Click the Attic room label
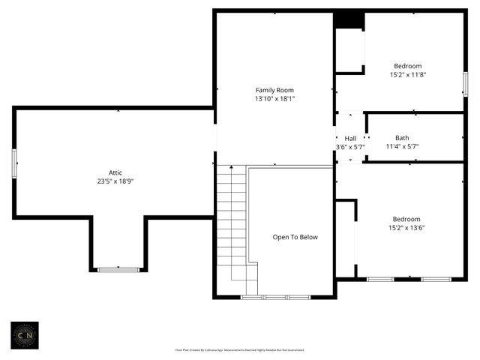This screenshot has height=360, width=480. pyautogui.click(x=115, y=172)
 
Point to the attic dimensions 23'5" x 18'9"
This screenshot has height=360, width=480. pyautogui.click(x=115, y=181)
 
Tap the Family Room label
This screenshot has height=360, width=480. pyautogui.click(x=274, y=90)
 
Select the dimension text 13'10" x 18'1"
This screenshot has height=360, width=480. pyautogui.click(x=274, y=99)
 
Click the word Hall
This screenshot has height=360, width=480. pyautogui.click(x=350, y=139)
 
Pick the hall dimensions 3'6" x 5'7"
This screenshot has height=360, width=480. pyautogui.click(x=350, y=147)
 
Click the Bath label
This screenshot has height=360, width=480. pyautogui.click(x=402, y=138)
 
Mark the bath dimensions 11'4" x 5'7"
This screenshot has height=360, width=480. pyautogui.click(x=402, y=147)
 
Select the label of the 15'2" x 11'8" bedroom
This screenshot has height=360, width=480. pyautogui.click(x=407, y=66)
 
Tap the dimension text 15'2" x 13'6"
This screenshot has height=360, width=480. pyautogui.click(x=407, y=228)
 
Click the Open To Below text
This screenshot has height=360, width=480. pyautogui.click(x=295, y=237)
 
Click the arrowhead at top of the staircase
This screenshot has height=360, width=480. pyautogui.click(x=231, y=166)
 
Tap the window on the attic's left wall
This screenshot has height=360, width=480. pyautogui.click(x=14, y=163)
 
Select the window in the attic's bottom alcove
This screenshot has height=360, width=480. pyautogui.click(x=118, y=269)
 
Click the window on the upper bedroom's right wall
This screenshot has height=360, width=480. pyautogui.click(x=465, y=83)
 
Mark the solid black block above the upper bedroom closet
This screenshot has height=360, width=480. pyautogui.click(x=349, y=20)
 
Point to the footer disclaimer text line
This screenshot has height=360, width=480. pyautogui.click(x=239, y=349)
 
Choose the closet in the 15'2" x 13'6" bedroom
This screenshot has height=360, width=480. pyautogui.click(x=345, y=238)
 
